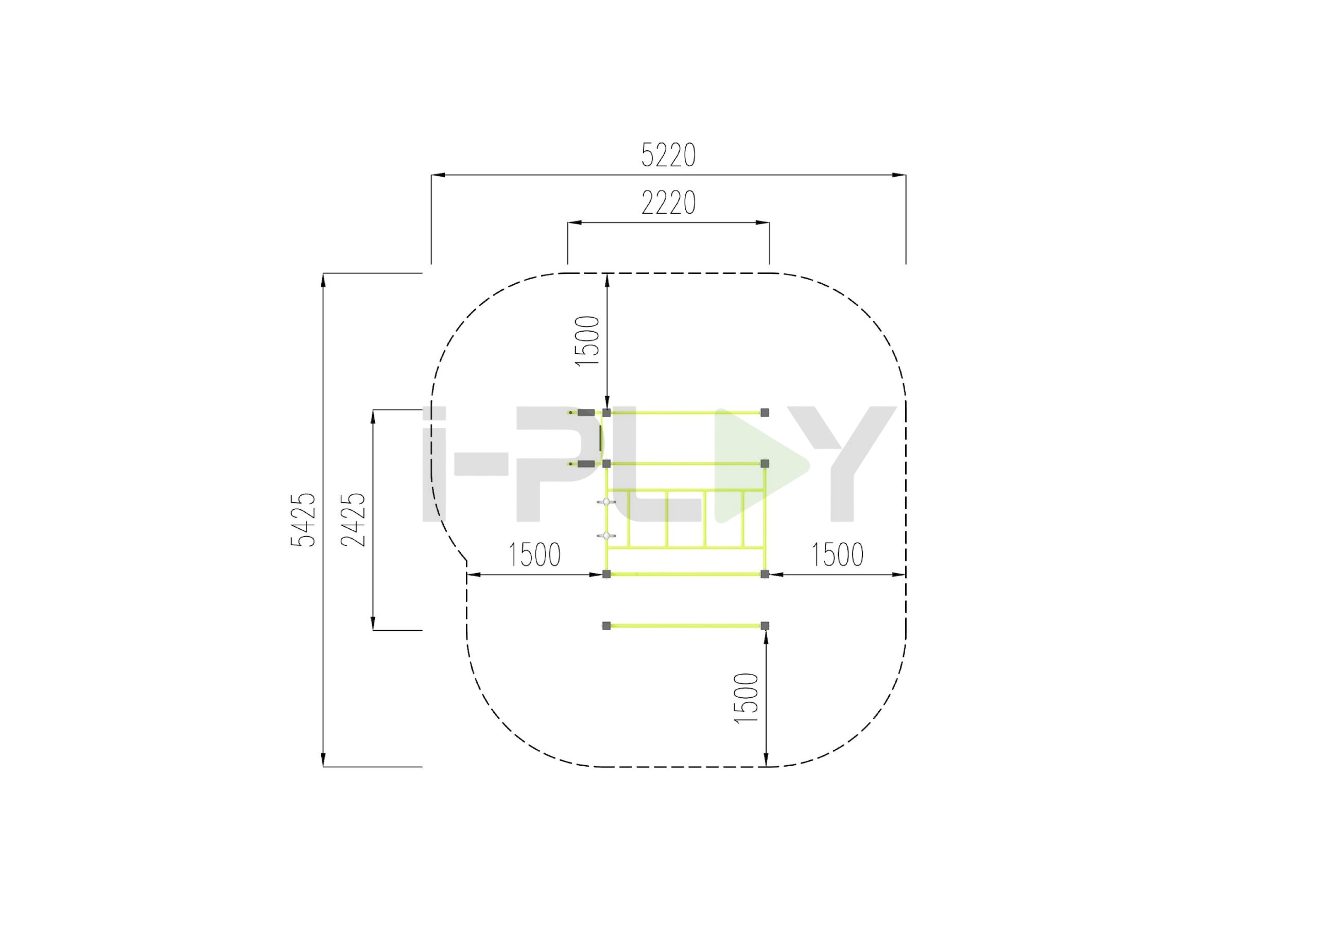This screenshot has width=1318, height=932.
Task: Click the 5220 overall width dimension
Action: click(x=668, y=155)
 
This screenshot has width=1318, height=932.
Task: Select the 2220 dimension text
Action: click(x=668, y=203)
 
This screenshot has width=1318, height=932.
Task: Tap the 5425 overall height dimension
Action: click(x=303, y=520)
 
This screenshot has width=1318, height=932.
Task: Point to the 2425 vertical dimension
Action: click(x=353, y=520)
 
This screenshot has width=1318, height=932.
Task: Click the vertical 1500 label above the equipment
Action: click(x=587, y=340)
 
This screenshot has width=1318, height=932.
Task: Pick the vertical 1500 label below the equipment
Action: click(x=747, y=698)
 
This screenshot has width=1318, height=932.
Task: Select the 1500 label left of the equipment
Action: click(x=534, y=555)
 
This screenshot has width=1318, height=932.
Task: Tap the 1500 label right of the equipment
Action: click(x=837, y=555)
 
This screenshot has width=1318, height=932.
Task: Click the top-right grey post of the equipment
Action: click(x=765, y=412)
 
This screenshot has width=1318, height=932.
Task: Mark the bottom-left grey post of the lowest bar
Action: click(x=606, y=625)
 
